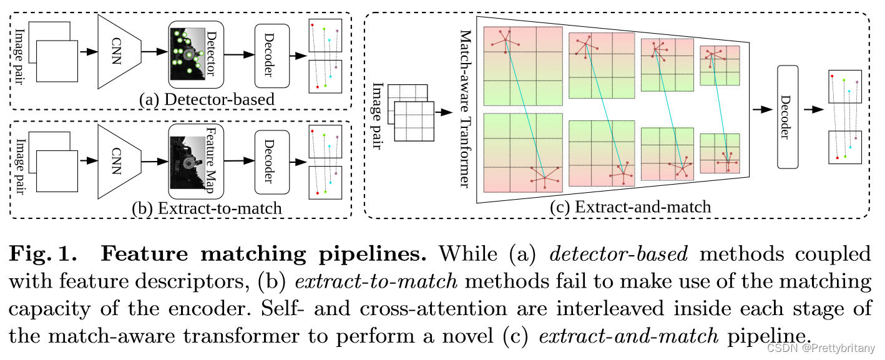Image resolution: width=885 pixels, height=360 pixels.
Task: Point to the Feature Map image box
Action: (196, 161)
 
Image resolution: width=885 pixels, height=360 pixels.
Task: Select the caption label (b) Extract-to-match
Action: (207, 208)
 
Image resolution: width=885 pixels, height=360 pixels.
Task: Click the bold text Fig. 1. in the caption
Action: (44, 254)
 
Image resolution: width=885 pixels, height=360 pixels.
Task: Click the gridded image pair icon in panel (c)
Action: (409, 114)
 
